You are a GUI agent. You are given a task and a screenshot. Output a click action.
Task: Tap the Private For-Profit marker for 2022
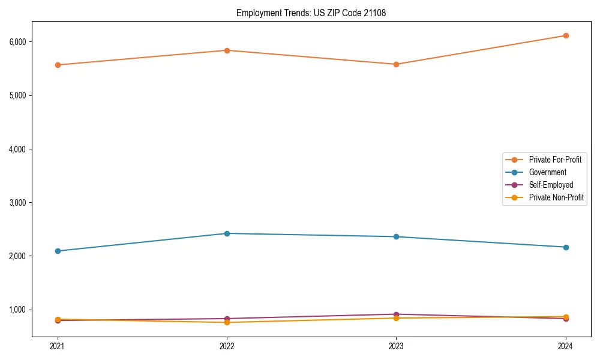227,50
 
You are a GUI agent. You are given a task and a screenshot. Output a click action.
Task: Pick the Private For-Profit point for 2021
58,65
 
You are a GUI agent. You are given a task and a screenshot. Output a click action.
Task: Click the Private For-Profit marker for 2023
396,64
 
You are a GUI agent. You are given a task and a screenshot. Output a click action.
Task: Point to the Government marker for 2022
227,233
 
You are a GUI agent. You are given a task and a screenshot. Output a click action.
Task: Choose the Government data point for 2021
58,251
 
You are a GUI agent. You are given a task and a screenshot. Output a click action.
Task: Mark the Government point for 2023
396,236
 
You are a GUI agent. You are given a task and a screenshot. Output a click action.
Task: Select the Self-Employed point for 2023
396,314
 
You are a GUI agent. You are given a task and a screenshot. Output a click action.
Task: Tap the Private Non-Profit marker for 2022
227,322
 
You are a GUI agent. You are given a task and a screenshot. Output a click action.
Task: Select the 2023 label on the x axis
396,346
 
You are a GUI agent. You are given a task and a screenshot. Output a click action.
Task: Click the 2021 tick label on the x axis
58,346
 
